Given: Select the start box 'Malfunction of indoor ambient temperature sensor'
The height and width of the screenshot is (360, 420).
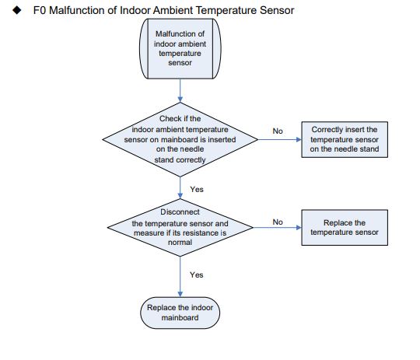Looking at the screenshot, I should point(180,48).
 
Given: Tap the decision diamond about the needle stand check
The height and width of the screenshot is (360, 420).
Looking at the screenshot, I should point(180,138).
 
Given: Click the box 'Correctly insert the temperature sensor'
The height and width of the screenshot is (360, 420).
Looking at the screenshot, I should point(344,138).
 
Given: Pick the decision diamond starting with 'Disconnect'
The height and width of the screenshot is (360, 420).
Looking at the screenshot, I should point(180,226).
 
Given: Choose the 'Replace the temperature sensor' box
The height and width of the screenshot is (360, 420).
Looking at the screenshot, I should point(344,227).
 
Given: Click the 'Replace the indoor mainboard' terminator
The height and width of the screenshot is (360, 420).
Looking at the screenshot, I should point(180,313).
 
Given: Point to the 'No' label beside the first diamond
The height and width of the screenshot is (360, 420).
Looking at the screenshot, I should point(278,130).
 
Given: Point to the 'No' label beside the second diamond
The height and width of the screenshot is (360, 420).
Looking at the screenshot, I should point(278,222).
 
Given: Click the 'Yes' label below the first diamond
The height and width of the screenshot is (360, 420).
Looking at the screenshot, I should point(197,189).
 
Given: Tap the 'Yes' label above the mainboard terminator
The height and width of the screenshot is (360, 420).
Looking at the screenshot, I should point(197,274).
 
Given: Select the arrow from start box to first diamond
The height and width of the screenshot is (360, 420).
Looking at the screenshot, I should point(180,89).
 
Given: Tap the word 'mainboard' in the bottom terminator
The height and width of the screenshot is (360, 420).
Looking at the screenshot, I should point(180,317).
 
